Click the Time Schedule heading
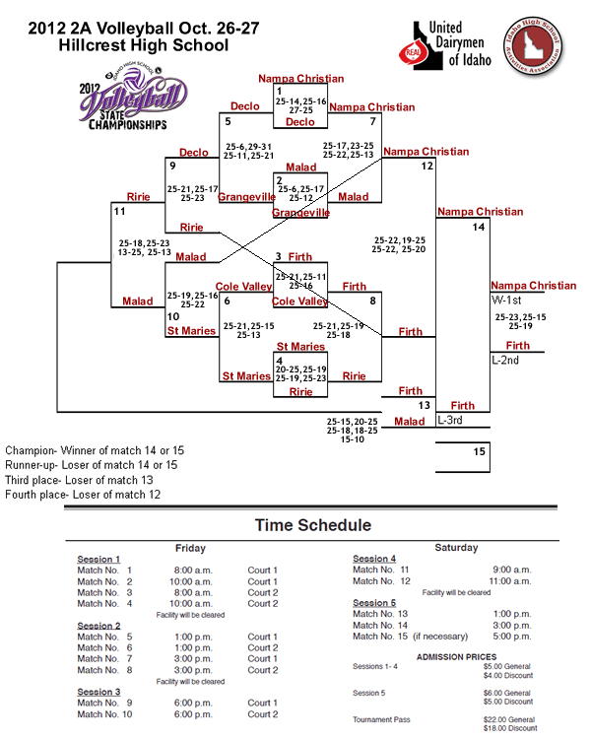[313, 525]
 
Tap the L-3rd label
[451, 420]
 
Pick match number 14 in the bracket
[479, 227]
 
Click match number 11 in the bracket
[120, 211]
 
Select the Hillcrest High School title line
[143, 45]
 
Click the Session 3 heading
[99, 692]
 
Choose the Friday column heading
[190, 547]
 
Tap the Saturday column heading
[456, 547]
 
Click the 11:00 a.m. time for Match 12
[511, 581]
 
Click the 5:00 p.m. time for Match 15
[511, 637]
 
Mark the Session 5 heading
[374, 603]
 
